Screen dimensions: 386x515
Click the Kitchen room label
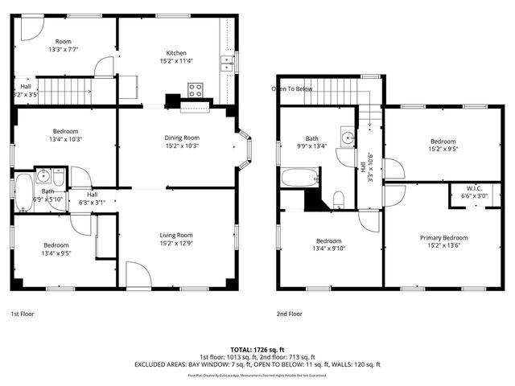click(176, 53)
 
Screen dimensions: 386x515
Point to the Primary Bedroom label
click(443, 238)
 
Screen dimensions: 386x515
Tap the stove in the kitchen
click(196, 91)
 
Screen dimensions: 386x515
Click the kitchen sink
click(228, 61)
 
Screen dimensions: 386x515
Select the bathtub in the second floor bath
click(299, 178)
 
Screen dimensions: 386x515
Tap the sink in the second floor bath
click(348, 138)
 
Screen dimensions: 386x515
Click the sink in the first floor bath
click(45, 176)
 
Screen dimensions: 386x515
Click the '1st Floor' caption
click(22, 314)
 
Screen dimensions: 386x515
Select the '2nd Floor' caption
click(289, 314)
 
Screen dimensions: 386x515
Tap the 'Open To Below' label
click(291, 88)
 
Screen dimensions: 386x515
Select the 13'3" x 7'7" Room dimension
click(63, 49)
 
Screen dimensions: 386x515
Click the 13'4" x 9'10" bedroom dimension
click(328, 248)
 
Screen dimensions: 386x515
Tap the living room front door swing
click(137, 278)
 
